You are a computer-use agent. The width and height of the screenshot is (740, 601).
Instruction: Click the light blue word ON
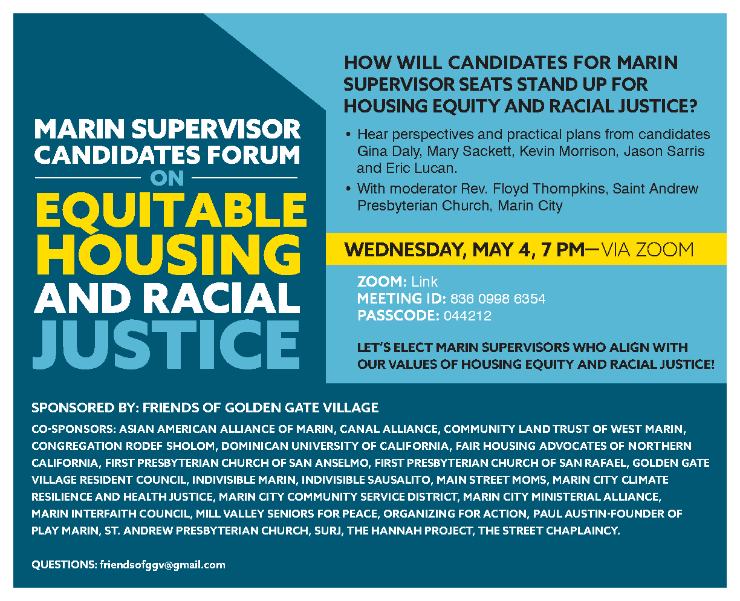coord(167,178)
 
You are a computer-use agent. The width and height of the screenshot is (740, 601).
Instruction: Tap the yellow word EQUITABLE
coord(171,210)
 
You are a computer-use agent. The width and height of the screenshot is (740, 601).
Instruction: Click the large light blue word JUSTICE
coord(166,345)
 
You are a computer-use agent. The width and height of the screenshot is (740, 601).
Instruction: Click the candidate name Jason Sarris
coord(664,151)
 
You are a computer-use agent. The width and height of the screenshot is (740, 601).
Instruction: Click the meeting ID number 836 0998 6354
coord(498,299)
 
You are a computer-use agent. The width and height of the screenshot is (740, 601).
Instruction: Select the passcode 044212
coord(467,316)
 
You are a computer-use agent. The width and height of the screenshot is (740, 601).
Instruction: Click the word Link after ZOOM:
coord(424,282)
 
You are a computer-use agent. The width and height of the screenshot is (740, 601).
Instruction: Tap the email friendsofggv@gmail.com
coord(163,565)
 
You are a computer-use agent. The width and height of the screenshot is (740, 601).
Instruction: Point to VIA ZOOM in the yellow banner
coord(647,250)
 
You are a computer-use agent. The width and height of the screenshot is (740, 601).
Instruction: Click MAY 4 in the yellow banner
coord(501,250)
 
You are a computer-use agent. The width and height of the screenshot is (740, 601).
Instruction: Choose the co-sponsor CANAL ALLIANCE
coord(388,429)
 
